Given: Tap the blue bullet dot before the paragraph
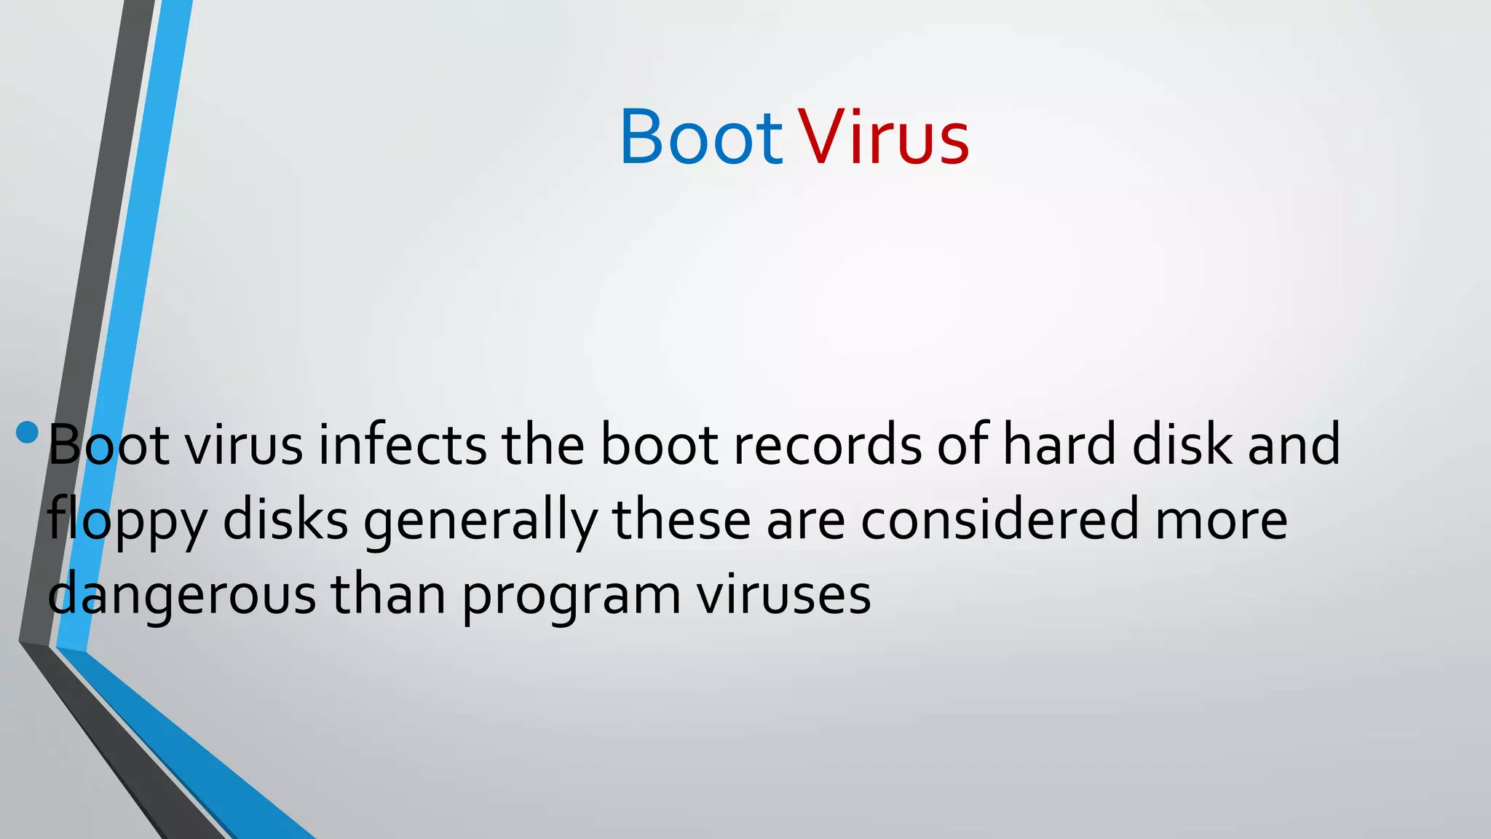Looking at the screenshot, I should click(27, 432).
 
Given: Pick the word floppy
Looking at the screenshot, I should click(127, 521).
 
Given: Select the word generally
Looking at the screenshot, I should click(480, 521).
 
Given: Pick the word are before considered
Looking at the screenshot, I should click(806, 521).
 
